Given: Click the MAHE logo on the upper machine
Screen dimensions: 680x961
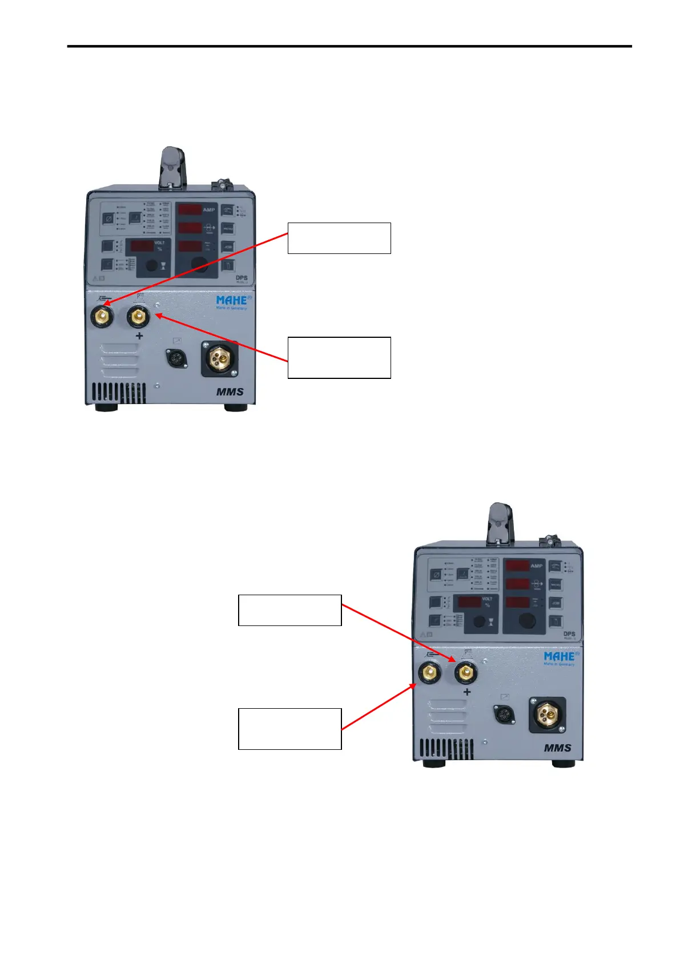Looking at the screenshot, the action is pos(231,300).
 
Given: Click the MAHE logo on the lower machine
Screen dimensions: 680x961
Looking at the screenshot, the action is pos(560,656).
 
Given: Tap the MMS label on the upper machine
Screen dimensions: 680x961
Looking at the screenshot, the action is pos(230,392).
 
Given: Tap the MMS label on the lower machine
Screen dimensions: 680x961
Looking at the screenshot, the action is pos(557,748).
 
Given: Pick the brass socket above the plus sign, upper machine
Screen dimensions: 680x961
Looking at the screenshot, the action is pos(138,316).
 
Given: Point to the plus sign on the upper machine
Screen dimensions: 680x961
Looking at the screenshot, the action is pos(139,336).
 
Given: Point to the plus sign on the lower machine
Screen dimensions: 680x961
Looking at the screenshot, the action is pos(467,692).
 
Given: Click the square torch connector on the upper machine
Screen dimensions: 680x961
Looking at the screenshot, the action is pos(219,358).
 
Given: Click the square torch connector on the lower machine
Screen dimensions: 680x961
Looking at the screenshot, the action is pos(548,714).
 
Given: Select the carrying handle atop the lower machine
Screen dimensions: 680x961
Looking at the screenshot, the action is pos(500,522).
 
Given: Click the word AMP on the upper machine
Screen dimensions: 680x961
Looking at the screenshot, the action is pos(209,210).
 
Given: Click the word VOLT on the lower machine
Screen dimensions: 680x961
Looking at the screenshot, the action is pos(487,599).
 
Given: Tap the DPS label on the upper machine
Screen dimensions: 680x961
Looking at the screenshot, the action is pos(242,278).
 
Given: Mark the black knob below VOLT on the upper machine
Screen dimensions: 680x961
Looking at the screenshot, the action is pos(151,265).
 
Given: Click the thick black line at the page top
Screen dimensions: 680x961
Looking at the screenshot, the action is pos(349,46).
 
